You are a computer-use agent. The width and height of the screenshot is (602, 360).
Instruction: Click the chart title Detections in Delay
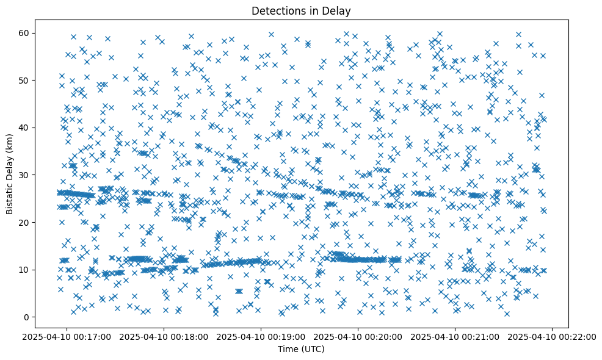pos(301,10)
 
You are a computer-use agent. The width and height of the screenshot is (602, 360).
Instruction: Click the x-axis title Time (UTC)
pos(301,349)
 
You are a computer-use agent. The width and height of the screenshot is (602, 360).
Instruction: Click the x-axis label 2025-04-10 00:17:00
pos(67,337)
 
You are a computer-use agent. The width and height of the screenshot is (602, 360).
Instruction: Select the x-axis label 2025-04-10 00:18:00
pos(164,337)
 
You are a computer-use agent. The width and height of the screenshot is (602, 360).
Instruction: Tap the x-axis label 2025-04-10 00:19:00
pos(261,337)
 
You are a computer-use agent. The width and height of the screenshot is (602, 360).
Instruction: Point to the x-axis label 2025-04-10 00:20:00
pos(358,337)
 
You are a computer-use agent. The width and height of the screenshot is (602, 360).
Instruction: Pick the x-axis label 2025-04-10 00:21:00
pos(455,337)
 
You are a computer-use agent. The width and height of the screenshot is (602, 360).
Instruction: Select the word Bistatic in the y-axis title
pos(10,196)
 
